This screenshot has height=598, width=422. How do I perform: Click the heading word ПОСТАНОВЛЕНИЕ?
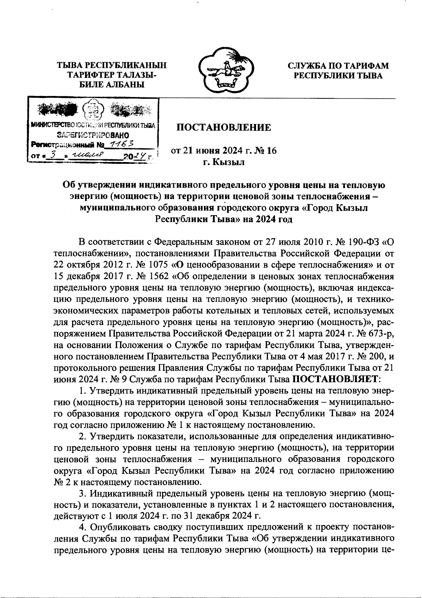coord(224,127)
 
